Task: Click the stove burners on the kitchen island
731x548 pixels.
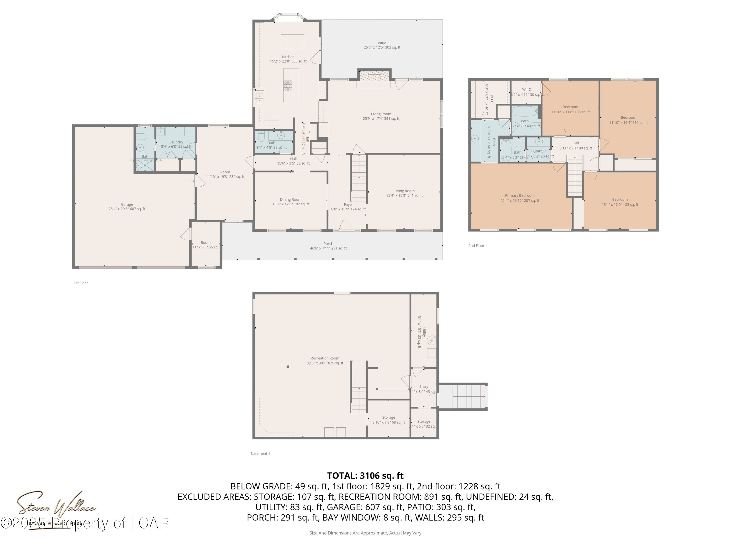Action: pos(288,86)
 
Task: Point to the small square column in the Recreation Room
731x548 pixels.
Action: pos(288,367)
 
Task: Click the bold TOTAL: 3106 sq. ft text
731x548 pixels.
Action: pos(365,475)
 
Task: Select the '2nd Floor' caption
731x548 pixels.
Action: pos(476,246)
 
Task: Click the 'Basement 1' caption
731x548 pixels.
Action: pos(260,454)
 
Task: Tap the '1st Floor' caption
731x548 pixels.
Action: pos(81,283)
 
